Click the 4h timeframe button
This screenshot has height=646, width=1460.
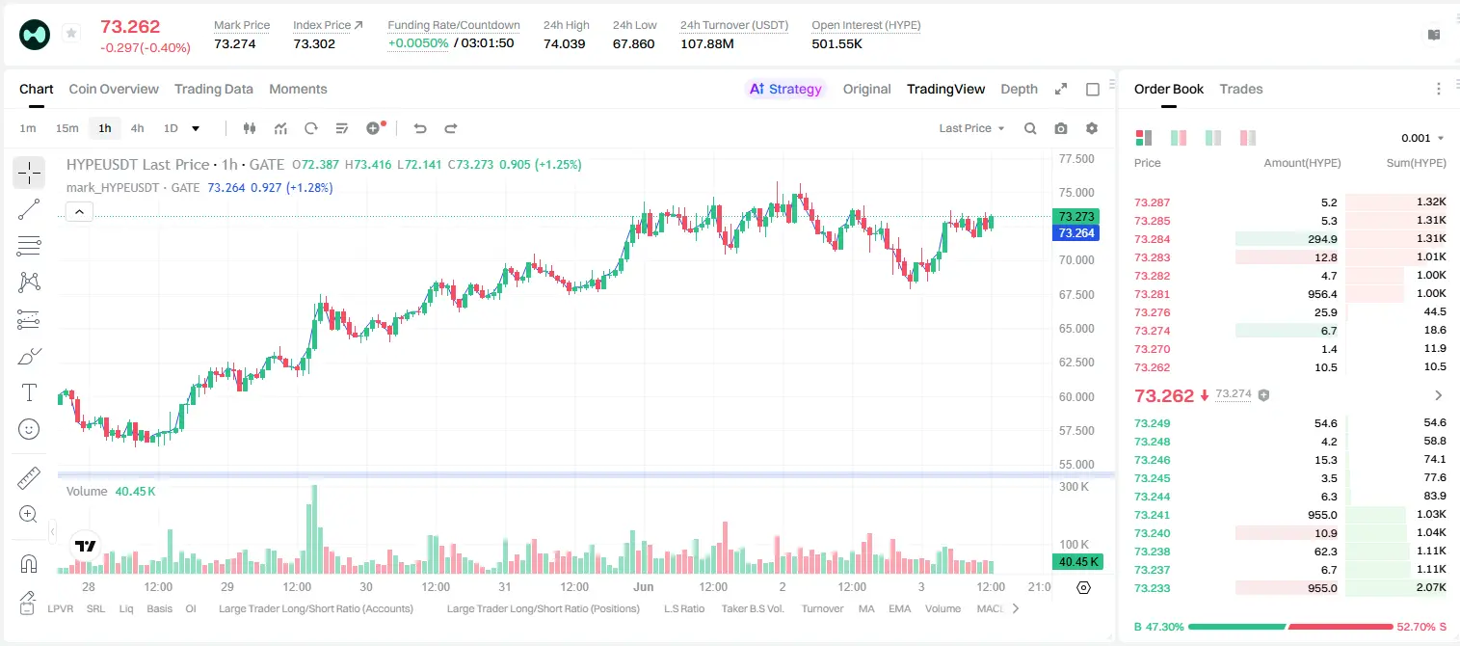point(137,128)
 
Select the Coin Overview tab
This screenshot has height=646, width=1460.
point(114,90)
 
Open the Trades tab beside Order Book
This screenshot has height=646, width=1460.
point(1241,90)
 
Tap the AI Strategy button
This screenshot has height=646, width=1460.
point(785,90)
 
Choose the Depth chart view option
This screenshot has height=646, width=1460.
point(1019,90)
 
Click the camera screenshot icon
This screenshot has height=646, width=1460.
point(1061,128)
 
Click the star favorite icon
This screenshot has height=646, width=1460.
point(71,33)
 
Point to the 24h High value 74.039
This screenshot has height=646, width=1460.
point(565,43)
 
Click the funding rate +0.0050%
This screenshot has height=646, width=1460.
point(418,43)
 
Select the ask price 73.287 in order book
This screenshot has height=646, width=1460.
point(1152,202)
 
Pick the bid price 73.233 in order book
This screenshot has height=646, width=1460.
point(1152,588)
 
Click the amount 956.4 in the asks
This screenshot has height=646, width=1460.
point(1322,294)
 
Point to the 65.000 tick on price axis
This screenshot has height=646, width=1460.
point(1076,329)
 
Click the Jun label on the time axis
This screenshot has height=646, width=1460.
point(644,586)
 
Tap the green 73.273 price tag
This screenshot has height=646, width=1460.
point(1076,216)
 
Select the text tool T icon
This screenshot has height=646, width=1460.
point(29,392)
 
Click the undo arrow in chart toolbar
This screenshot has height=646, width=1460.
point(420,128)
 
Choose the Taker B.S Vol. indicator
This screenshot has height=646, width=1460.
point(752,608)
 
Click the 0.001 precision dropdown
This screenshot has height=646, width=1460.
point(1422,138)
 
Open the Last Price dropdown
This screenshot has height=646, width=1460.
point(971,128)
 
